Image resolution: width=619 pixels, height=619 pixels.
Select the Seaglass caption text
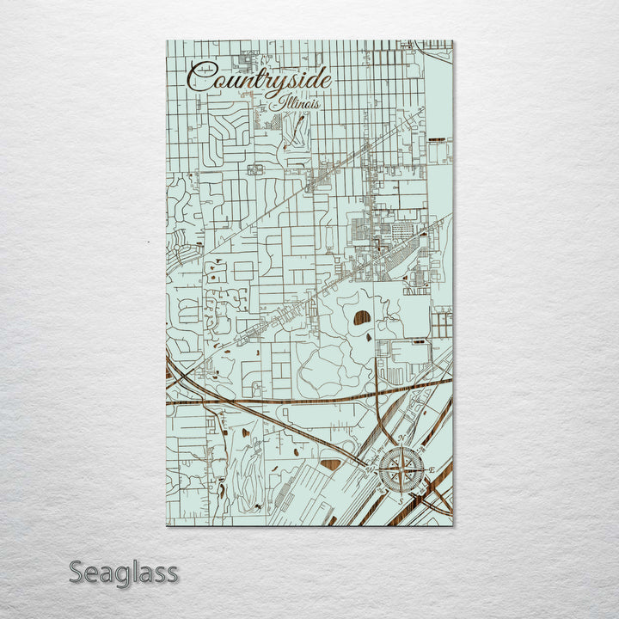124,572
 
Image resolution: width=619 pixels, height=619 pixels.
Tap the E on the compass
432,469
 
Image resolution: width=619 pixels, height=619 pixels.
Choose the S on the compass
400,499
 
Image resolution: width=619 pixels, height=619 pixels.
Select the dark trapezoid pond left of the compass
330,465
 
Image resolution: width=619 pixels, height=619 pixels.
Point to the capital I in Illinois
282,101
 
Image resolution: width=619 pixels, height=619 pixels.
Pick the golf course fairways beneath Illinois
294,129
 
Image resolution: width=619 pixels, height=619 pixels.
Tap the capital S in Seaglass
77,572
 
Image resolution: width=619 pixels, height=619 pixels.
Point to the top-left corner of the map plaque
166,40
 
